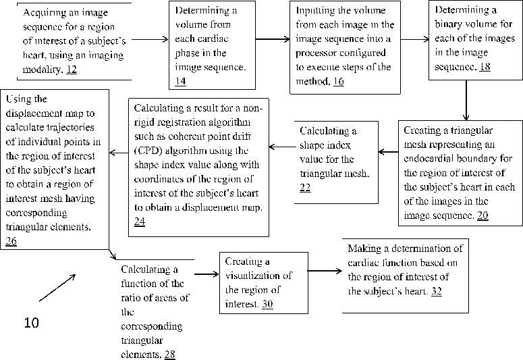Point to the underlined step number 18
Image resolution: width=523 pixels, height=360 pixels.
485,68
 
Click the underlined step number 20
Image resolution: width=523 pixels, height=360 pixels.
483,216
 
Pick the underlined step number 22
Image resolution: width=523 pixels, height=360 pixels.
305,187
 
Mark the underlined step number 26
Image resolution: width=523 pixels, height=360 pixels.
11,240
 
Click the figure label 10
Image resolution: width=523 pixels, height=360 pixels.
32,323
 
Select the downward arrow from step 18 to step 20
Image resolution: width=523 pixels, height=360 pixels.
466,105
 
